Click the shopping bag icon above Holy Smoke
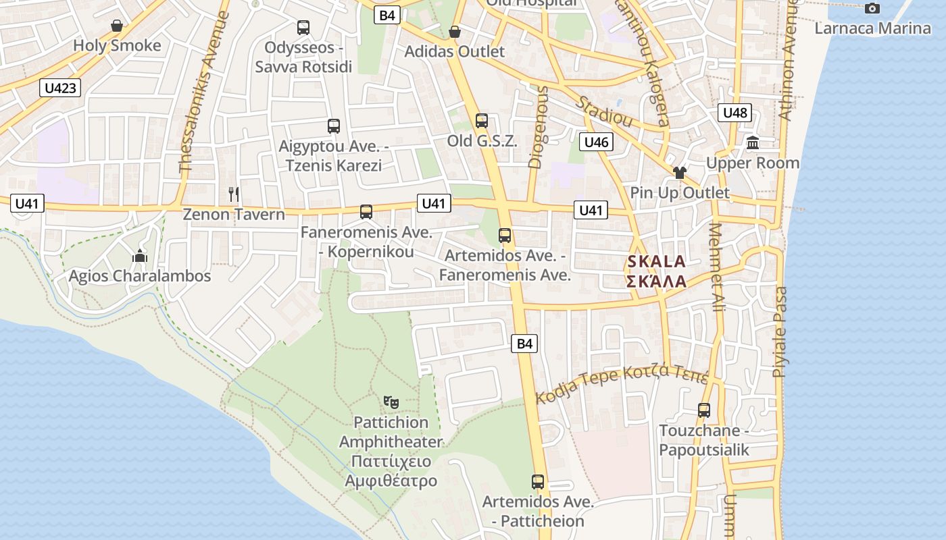pyautogui.click(x=117, y=26)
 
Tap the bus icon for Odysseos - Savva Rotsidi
pyautogui.click(x=303, y=28)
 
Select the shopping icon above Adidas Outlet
pyautogui.click(x=455, y=32)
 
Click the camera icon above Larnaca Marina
pyautogui.click(x=872, y=8)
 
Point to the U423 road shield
pyautogui.click(x=60, y=87)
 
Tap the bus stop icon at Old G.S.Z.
pyautogui.click(x=482, y=121)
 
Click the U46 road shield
pyautogui.click(x=597, y=142)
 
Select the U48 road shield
pyautogui.click(x=735, y=113)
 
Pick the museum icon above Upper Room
pyautogui.click(x=753, y=143)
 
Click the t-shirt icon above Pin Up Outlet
pyautogui.click(x=680, y=173)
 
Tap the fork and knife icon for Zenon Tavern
pyautogui.click(x=234, y=194)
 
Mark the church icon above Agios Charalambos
pyautogui.click(x=140, y=256)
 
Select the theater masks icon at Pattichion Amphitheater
pyautogui.click(x=391, y=402)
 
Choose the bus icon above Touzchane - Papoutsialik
pyautogui.click(x=704, y=410)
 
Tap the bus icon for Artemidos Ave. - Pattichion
pyautogui.click(x=538, y=482)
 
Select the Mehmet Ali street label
pyautogui.click(x=716, y=267)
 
